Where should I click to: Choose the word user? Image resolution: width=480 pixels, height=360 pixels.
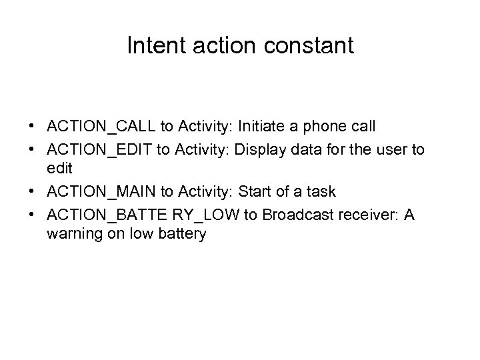click(x=390, y=150)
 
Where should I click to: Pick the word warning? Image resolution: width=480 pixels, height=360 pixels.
click(x=73, y=234)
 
